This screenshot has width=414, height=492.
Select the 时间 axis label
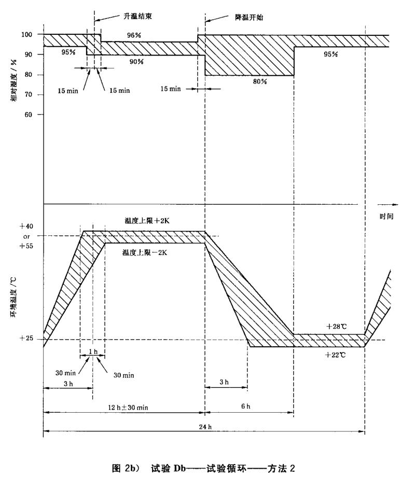pos(387,216)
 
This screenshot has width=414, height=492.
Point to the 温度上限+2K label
pos(146,221)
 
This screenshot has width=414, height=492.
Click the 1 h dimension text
pos(93,352)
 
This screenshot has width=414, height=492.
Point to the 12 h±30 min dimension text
pos(125,407)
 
